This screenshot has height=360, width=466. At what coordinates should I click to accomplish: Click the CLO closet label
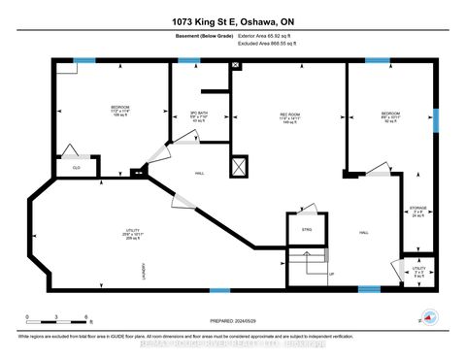tap(76, 166)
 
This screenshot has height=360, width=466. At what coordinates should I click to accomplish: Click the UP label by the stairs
tap(332, 274)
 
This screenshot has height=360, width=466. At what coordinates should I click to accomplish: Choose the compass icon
tap(428, 319)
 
